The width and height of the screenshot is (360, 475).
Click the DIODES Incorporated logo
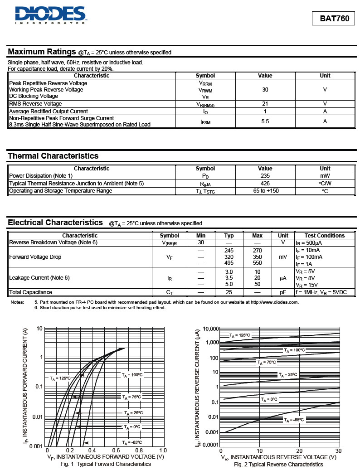pyautogui.click(x=50, y=15)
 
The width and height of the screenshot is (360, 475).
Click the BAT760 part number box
pyautogui.click(x=334, y=19)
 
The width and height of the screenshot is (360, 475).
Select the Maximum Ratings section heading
pyautogui.click(x=42, y=52)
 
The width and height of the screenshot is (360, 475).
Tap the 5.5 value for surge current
pyautogui.click(x=265, y=121)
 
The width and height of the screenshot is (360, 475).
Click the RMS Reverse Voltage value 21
pyautogui.click(x=265, y=104)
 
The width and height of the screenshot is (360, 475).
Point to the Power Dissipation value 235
pyautogui.click(x=265, y=176)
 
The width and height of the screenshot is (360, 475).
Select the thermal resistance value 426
pyautogui.click(x=265, y=184)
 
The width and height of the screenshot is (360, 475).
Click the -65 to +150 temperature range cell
pyautogui.click(x=265, y=191)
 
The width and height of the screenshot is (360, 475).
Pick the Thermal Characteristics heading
pyautogui.click(x=53, y=156)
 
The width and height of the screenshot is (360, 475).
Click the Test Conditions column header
pyautogui.click(x=324, y=236)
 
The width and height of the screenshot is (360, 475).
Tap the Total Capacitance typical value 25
pyautogui.click(x=229, y=292)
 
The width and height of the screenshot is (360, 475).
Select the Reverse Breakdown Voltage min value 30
pyautogui.click(x=201, y=242)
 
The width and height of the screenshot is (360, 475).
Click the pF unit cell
pyautogui.click(x=283, y=292)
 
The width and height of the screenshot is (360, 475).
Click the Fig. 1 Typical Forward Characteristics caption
pyautogui.click(x=106, y=464)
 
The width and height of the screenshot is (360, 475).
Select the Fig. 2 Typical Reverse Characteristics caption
pyautogui.click(x=278, y=465)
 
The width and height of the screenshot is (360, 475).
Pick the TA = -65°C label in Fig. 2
pyautogui.click(x=294, y=420)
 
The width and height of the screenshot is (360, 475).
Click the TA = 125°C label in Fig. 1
pyautogui.click(x=60, y=378)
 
